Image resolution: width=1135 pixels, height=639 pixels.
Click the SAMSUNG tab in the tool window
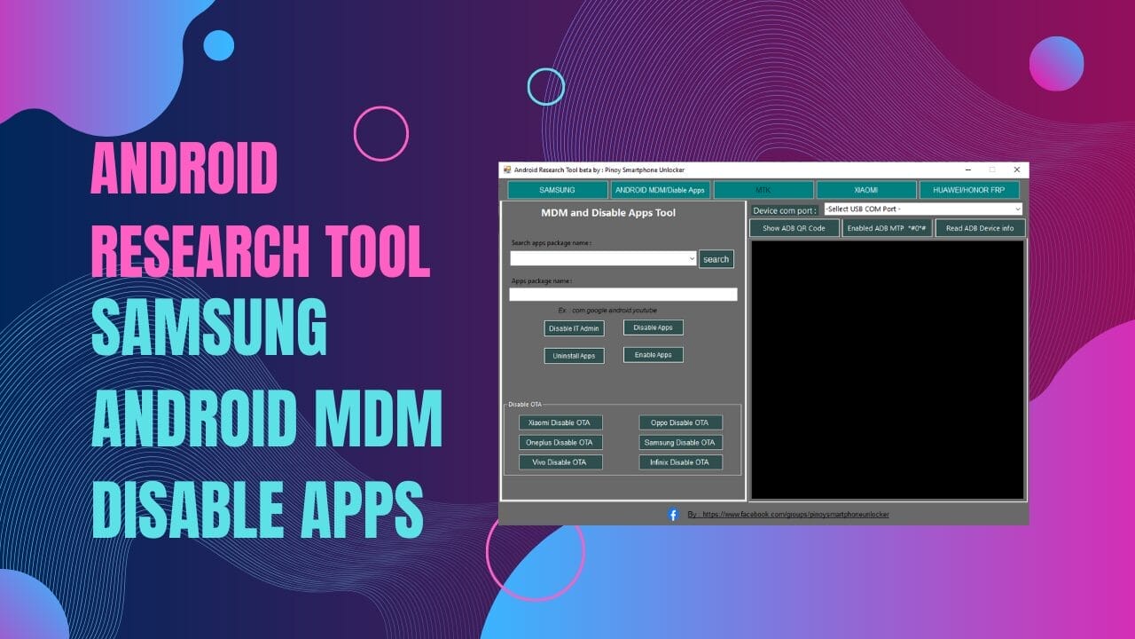[x=557, y=190]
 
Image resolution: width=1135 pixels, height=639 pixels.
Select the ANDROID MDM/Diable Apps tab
[x=660, y=190]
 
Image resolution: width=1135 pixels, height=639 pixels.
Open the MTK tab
[x=763, y=190]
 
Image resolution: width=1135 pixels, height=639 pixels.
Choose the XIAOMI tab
[x=865, y=190]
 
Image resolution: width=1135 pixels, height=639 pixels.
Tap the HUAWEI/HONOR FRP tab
[x=969, y=190]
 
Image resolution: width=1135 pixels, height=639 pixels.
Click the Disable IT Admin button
[x=574, y=328]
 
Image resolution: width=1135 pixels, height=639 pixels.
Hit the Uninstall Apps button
[x=574, y=356]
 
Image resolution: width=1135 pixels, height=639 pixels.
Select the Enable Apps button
[x=653, y=355]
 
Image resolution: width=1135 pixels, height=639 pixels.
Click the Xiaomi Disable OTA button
[x=560, y=422]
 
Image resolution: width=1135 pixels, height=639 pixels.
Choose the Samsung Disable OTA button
[x=680, y=442]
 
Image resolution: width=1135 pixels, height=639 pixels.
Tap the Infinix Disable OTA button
[x=680, y=461]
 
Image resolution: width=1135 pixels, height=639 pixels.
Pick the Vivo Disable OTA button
[x=560, y=461]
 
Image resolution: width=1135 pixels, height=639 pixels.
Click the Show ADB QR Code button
[x=794, y=228]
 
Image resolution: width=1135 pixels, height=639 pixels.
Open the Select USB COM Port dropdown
[x=922, y=209]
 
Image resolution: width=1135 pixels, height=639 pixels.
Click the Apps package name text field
[x=622, y=295]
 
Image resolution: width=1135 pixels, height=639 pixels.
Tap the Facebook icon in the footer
[x=673, y=514]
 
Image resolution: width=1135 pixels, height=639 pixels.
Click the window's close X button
[x=1016, y=170]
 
